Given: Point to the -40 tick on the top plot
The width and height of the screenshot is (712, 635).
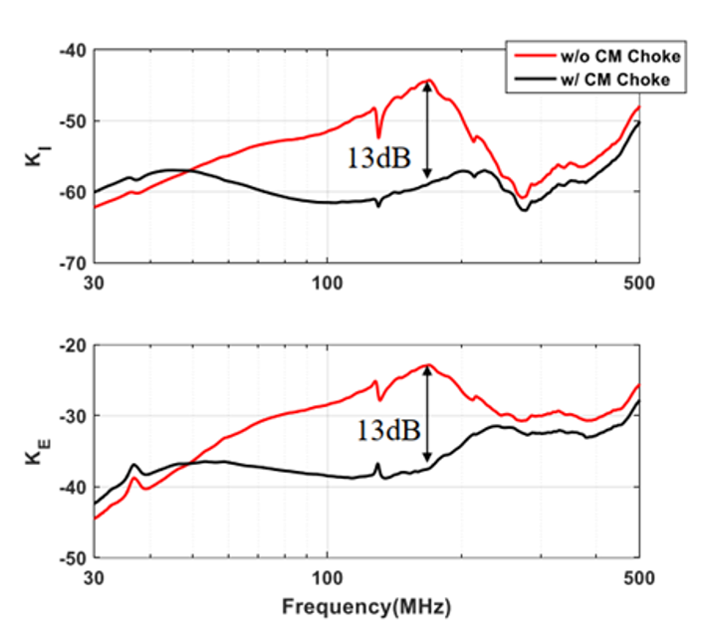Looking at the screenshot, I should pos(75,50).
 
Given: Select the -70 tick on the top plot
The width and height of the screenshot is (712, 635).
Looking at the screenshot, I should pos(75,264).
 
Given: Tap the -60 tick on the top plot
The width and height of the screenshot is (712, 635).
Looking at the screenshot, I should pos(75,192).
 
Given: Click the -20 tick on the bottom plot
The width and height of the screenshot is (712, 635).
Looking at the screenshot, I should pos(75,344).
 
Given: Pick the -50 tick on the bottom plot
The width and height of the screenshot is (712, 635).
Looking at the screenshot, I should pos(75,558).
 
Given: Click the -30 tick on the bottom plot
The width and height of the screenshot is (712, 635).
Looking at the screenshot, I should pos(75,416).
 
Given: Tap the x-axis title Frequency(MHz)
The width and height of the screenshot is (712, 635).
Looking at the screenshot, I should pos(366,605).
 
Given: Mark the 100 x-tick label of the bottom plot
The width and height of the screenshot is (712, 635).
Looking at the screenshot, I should pos(329,577).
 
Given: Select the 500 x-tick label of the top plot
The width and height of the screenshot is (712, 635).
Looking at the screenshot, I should pos(638,283).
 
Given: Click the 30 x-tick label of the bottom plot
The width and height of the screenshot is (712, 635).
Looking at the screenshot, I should pos(95,577).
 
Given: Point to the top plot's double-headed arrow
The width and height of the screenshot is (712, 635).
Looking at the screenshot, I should pos(427,129).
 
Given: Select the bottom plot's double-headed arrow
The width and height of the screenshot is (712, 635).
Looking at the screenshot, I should pos(427,413).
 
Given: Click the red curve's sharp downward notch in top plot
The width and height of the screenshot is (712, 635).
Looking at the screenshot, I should pos(378,135).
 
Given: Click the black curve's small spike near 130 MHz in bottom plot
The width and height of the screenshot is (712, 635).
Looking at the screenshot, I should pos(377,465).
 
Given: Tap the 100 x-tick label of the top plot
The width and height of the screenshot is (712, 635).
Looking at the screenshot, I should pos(329,283).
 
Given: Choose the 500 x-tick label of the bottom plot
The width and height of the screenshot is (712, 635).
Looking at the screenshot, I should pos(638,577).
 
